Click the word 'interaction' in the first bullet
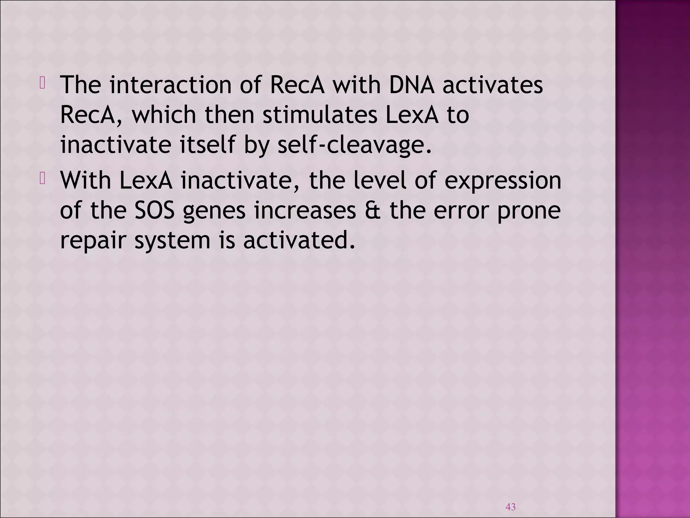[x=170, y=85]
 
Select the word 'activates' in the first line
[x=493, y=85]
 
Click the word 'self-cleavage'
[x=354, y=145]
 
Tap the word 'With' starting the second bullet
[x=85, y=180]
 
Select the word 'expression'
[x=503, y=181]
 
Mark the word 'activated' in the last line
[x=299, y=240]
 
